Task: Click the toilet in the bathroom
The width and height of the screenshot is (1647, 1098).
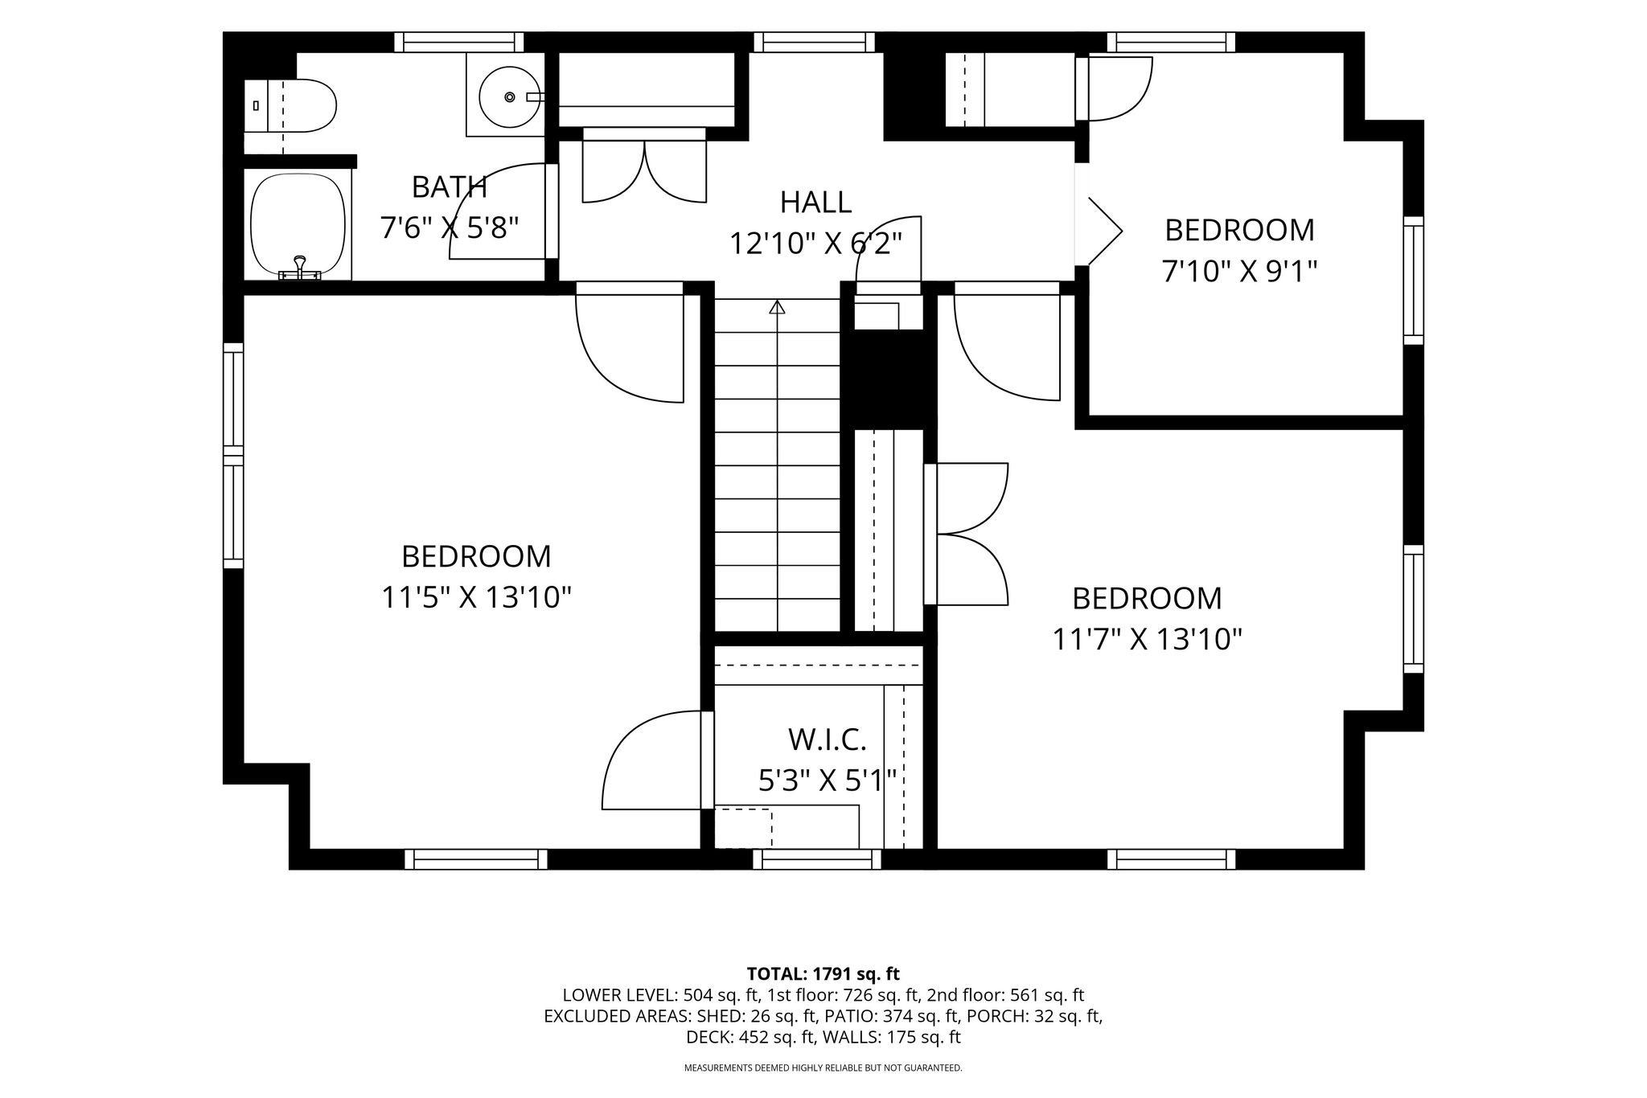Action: point(290,105)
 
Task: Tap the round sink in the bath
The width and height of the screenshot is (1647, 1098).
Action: point(509,96)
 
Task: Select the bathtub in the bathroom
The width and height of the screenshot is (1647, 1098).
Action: point(298,227)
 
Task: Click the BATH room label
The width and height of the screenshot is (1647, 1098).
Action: point(450,187)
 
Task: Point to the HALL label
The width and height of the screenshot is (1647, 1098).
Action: point(815,202)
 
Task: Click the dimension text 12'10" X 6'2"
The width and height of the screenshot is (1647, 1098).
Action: point(815,243)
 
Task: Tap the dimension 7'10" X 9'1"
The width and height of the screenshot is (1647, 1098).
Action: point(1239,272)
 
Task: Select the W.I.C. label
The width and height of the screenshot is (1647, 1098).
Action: point(827,739)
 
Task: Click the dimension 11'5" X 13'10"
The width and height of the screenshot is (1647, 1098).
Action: point(476,597)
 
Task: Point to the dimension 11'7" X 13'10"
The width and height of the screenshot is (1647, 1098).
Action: point(1148,640)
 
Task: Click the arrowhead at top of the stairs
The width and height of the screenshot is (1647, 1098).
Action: point(777,306)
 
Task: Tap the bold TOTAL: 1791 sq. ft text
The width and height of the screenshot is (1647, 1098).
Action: point(823,974)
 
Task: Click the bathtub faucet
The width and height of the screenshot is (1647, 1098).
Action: point(299,268)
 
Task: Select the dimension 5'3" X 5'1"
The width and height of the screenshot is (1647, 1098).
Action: point(828,780)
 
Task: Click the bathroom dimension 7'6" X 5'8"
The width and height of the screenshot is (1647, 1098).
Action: point(450,228)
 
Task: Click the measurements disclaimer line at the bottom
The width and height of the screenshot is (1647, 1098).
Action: point(823,1068)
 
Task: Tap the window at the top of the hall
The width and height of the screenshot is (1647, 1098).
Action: point(814,42)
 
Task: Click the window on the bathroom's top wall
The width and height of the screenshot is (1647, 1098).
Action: point(459,42)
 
